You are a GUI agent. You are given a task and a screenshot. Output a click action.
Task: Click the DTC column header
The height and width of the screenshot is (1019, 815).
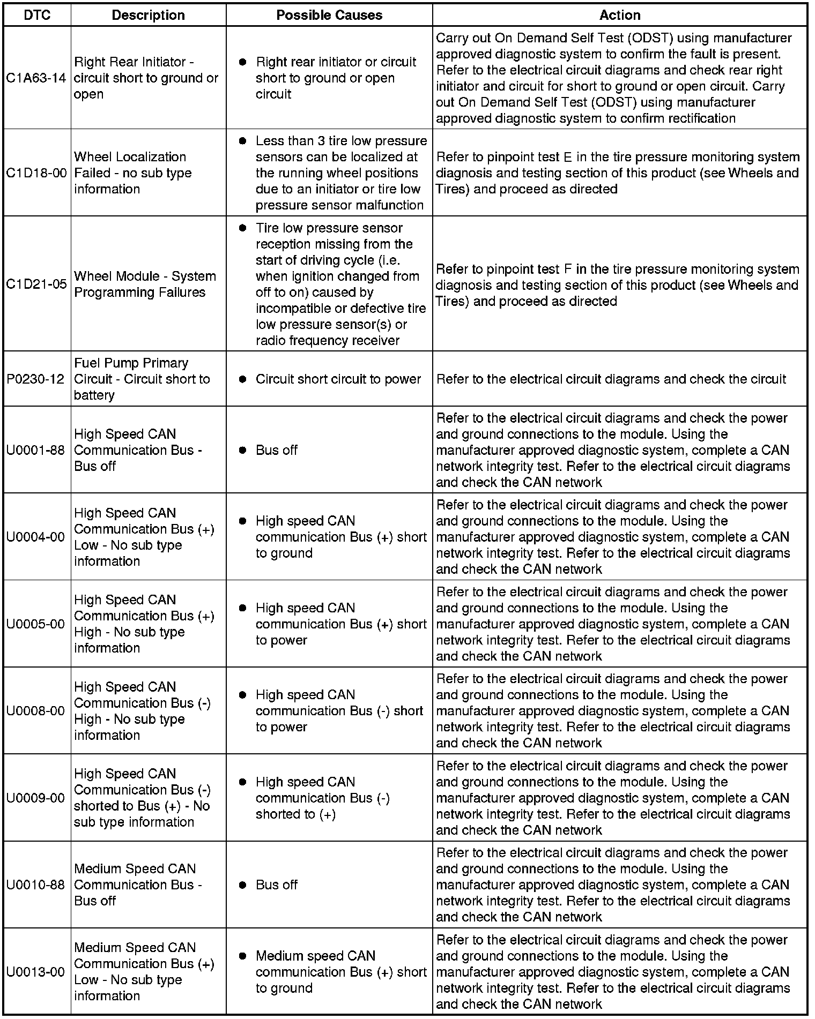36,15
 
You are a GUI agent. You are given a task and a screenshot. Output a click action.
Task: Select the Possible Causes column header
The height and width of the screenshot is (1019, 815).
329,15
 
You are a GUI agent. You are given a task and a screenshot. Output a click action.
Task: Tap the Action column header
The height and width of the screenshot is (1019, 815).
620,15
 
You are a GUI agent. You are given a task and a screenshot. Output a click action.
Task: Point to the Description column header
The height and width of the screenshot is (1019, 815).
148,15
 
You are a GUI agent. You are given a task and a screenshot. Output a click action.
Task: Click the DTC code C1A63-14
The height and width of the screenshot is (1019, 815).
36,78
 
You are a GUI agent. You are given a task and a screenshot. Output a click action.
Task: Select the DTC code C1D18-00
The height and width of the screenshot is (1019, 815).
36,173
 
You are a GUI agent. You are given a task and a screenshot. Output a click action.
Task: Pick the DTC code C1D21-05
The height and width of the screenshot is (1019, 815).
36,284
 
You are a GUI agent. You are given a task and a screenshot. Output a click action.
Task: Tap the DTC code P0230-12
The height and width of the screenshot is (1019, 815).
36,379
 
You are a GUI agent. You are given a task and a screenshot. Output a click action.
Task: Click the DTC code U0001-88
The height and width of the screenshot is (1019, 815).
36,451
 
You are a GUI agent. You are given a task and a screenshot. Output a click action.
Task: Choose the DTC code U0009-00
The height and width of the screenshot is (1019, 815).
36,798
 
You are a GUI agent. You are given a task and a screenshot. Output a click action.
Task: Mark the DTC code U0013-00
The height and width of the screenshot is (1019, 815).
36,972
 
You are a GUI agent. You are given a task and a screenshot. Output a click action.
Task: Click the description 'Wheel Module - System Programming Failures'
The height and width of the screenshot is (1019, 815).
145,284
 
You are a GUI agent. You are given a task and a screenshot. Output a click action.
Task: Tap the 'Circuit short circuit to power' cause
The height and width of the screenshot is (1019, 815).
338,379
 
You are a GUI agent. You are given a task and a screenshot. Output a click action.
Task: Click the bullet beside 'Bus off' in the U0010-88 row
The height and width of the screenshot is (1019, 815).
242,885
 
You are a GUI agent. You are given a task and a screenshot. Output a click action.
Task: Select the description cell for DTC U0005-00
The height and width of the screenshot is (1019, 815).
144,624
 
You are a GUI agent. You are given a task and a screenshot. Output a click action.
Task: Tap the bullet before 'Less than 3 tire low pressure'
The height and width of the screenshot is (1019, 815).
242,141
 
